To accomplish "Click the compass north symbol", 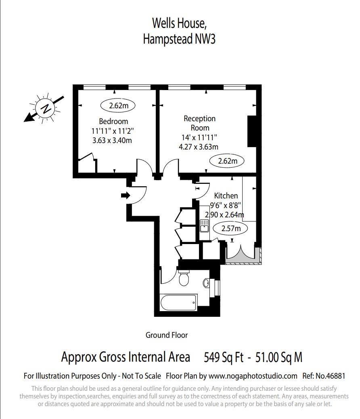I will [x=46, y=108].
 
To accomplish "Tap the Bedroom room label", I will [x=113, y=121].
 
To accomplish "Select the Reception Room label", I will [x=199, y=123].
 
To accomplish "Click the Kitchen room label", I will [x=226, y=196].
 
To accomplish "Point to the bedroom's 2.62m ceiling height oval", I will [x=117, y=106].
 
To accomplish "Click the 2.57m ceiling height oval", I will [x=231, y=229].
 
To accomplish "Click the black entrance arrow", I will [x=126, y=196].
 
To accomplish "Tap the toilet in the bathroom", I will [x=184, y=278].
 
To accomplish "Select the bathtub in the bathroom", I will [x=178, y=302].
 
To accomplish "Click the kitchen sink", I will [x=204, y=225].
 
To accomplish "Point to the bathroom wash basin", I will [x=207, y=283].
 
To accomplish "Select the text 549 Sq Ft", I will [x=223, y=358].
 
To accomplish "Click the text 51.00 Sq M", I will [x=278, y=358].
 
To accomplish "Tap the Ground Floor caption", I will [x=167, y=335].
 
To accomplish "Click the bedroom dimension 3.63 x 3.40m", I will [x=112, y=141].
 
